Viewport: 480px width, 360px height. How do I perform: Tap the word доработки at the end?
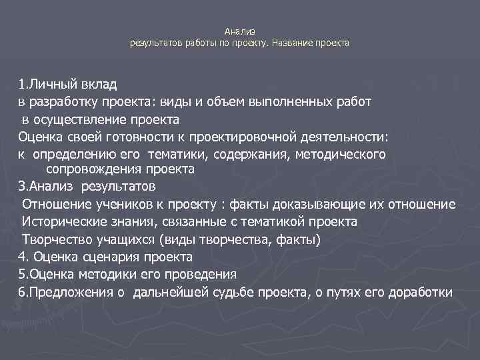tap(420, 291)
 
